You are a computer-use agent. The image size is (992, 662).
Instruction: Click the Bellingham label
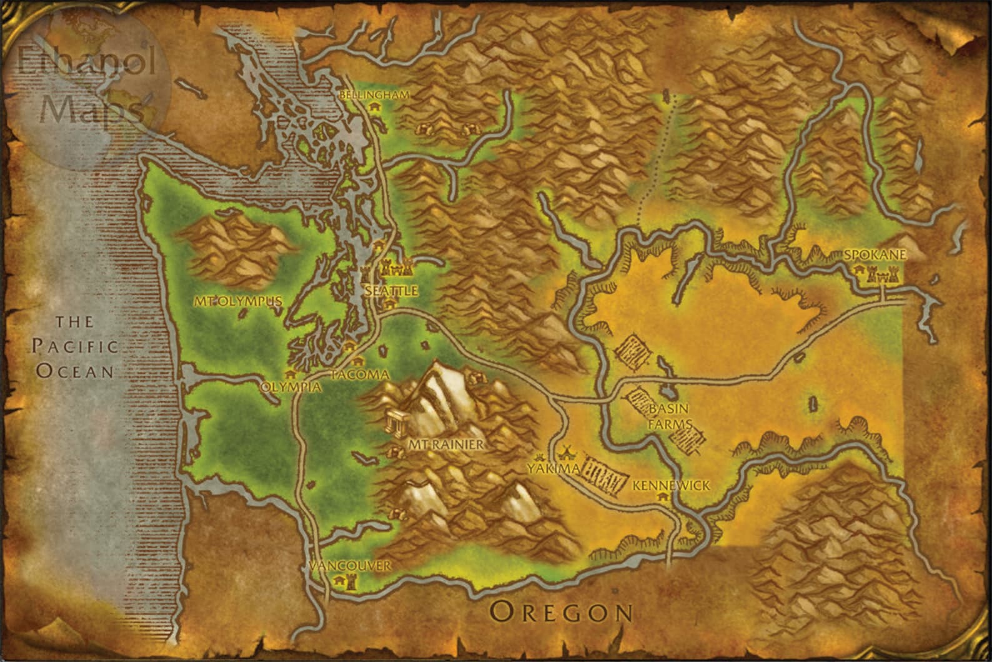374,95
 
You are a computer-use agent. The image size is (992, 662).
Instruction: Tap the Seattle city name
391,291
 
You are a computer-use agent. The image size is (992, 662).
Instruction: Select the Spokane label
874,255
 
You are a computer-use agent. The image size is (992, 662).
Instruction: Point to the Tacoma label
360,374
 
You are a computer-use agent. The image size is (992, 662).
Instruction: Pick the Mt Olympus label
238,301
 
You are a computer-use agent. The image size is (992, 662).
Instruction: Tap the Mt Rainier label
445,444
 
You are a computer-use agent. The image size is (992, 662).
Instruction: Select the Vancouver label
350,566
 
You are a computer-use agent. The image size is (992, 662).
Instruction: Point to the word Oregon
561,611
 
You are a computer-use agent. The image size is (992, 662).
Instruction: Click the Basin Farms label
669,416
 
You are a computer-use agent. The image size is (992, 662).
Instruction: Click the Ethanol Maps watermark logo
87,88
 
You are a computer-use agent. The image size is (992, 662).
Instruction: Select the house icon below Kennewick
662,497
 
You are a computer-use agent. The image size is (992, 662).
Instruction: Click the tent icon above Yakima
567,450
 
